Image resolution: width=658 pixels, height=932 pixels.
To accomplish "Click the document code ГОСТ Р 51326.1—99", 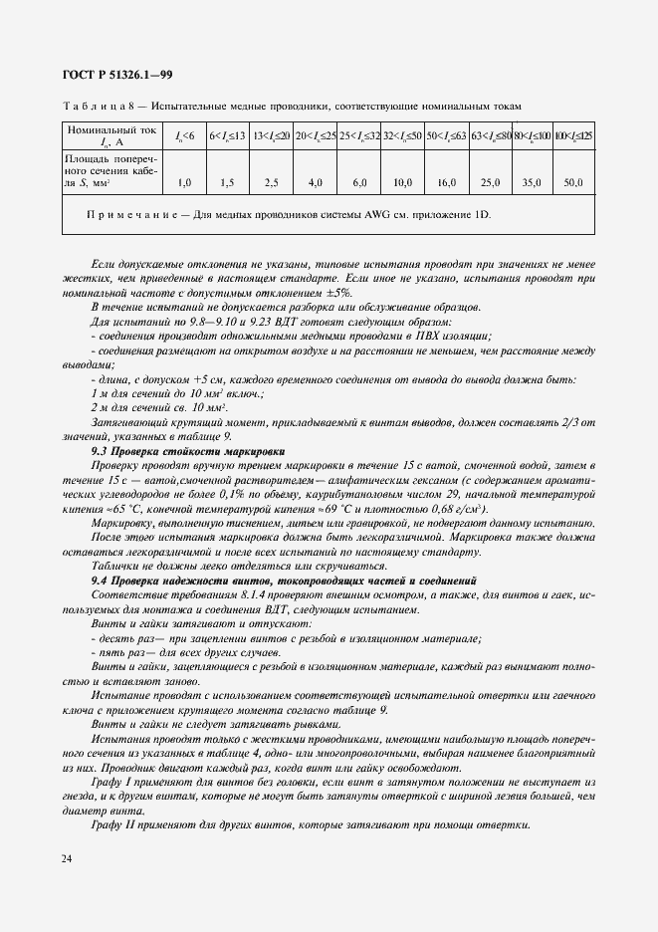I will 110,74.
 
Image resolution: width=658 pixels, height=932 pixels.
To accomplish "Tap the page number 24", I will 67,858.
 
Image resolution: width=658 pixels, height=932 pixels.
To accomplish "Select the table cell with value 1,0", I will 184,183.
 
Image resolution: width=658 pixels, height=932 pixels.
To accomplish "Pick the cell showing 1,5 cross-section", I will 227,183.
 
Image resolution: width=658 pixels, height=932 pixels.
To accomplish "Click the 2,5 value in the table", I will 271,183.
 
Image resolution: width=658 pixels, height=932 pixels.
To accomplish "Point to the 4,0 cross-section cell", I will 316,183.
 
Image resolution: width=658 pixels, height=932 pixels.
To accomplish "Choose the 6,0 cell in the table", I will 359,183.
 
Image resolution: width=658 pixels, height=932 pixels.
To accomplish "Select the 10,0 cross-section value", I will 403,183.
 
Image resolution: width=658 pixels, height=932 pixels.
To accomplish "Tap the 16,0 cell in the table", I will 447,183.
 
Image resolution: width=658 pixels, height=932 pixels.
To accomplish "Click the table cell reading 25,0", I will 490,183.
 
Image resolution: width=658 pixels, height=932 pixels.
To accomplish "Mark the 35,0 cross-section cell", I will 532,183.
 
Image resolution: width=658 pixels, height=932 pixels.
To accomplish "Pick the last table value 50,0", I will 573,183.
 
